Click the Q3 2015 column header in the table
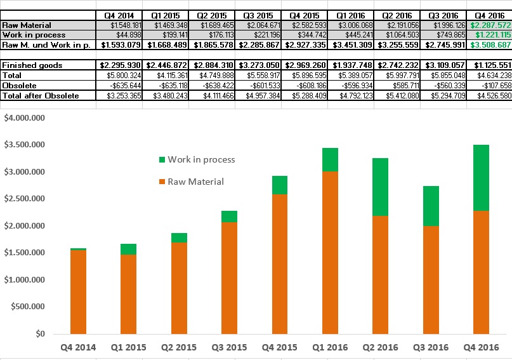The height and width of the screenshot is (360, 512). click(258, 15)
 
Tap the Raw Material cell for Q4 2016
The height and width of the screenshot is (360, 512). click(489, 25)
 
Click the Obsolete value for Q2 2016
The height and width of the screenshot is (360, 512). click(397, 85)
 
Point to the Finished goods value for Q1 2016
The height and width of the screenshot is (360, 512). click(351, 65)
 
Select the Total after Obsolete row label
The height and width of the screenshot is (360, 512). click(41, 95)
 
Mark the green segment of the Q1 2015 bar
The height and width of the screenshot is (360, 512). click(129, 249)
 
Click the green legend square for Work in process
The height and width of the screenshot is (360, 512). click(162, 160)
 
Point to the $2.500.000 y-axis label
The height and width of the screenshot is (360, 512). click(24, 199)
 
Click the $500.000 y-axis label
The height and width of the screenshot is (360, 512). click(27, 307)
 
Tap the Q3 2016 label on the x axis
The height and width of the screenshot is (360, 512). click(431, 347)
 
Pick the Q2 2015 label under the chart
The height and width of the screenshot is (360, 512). click(179, 347)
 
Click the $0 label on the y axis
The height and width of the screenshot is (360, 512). click(39, 333)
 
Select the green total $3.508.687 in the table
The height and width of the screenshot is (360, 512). click(489, 45)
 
